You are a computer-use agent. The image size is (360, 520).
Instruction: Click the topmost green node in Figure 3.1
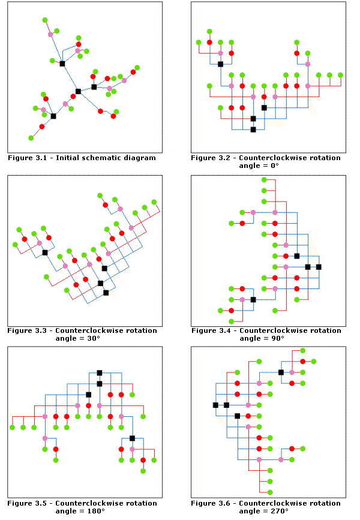coord(45,20)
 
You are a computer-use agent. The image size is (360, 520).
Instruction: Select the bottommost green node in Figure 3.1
coord(31,138)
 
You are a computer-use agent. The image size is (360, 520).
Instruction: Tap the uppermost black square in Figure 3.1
coord(62,63)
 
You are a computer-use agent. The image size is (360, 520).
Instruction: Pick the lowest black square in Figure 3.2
coord(253,130)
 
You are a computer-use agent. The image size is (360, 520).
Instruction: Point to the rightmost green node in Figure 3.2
coord(340,75)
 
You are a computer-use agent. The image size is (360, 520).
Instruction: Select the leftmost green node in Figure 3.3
coord(15,245)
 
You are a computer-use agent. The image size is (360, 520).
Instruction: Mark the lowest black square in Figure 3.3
coord(106,293)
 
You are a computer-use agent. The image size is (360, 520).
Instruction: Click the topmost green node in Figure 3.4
coord(264,180)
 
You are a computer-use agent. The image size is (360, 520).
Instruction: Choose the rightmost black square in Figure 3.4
coord(319,266)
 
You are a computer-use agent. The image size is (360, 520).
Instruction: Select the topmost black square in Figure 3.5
coord(99,372)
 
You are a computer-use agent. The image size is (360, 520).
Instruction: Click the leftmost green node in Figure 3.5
coord(12,427)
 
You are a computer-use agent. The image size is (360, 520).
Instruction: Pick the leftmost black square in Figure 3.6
coord(215,405)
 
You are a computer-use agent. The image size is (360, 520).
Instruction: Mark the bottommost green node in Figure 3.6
coord(270,492)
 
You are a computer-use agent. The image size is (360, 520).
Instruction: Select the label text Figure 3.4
coord(214,330)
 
